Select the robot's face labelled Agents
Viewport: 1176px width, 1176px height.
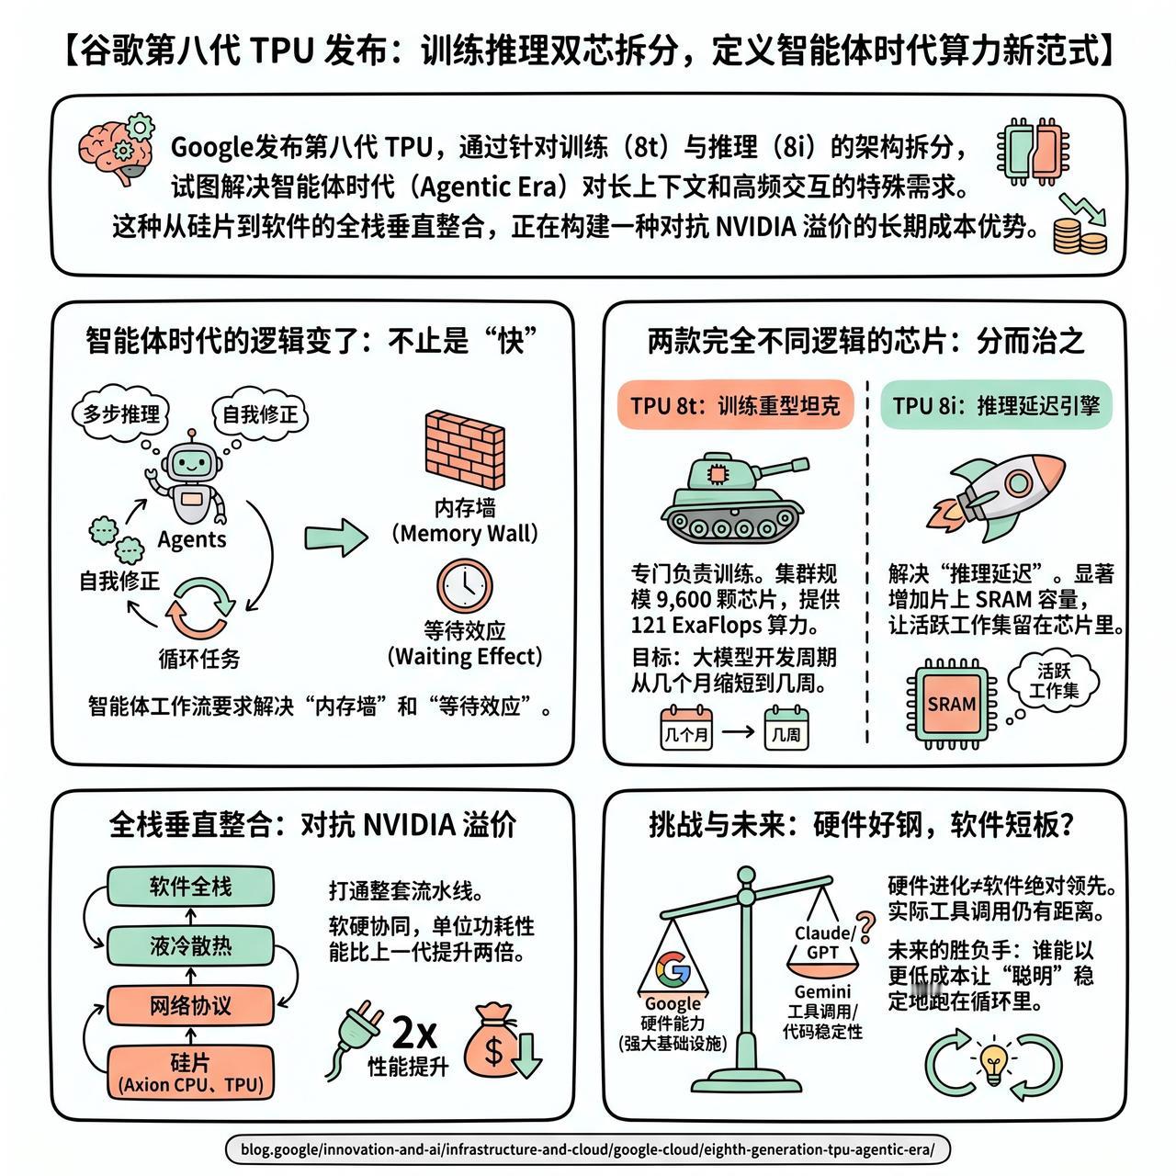point(190,462)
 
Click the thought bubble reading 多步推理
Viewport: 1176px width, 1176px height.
point(120,413)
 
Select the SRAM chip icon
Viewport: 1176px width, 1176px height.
point(951,704)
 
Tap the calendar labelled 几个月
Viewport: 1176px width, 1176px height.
point(686,729)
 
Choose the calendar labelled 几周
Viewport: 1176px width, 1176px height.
point(786,729)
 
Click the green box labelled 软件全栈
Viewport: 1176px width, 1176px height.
point(190,887)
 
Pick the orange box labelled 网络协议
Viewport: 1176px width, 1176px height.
point(190,1006)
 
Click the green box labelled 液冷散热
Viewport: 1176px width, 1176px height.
point(190,945)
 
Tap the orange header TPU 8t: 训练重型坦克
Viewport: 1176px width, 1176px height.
point(735,405)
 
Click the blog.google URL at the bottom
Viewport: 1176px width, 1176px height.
point(587,1148)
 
